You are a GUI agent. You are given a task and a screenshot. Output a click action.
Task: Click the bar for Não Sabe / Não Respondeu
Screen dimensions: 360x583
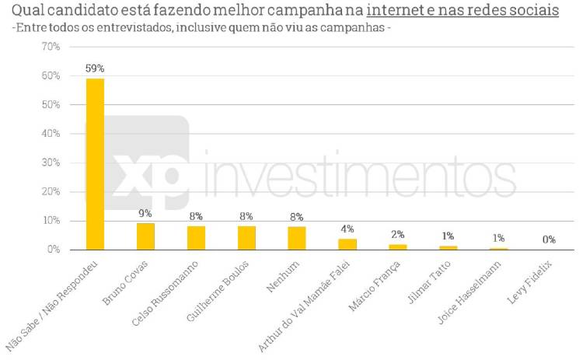95,164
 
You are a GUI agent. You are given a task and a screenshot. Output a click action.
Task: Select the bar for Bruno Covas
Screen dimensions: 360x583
145,236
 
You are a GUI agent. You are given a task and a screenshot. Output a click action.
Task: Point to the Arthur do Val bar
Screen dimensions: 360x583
347,244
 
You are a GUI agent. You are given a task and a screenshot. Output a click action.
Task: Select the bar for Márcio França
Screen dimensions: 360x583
397,247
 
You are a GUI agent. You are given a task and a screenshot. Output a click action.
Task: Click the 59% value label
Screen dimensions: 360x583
95,68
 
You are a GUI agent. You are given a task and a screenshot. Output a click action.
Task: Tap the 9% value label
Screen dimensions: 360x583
145,213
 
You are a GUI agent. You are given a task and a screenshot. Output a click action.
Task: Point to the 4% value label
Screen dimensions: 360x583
347,229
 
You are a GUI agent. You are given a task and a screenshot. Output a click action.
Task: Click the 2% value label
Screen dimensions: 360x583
397,234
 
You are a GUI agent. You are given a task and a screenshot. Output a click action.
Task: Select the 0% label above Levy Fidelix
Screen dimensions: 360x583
549,239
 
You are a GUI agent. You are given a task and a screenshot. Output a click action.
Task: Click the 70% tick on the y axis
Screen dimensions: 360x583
50,47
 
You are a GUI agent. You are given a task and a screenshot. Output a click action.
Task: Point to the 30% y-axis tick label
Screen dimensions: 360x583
50,163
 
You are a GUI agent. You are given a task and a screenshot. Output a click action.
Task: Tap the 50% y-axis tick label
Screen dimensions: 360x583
50,104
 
